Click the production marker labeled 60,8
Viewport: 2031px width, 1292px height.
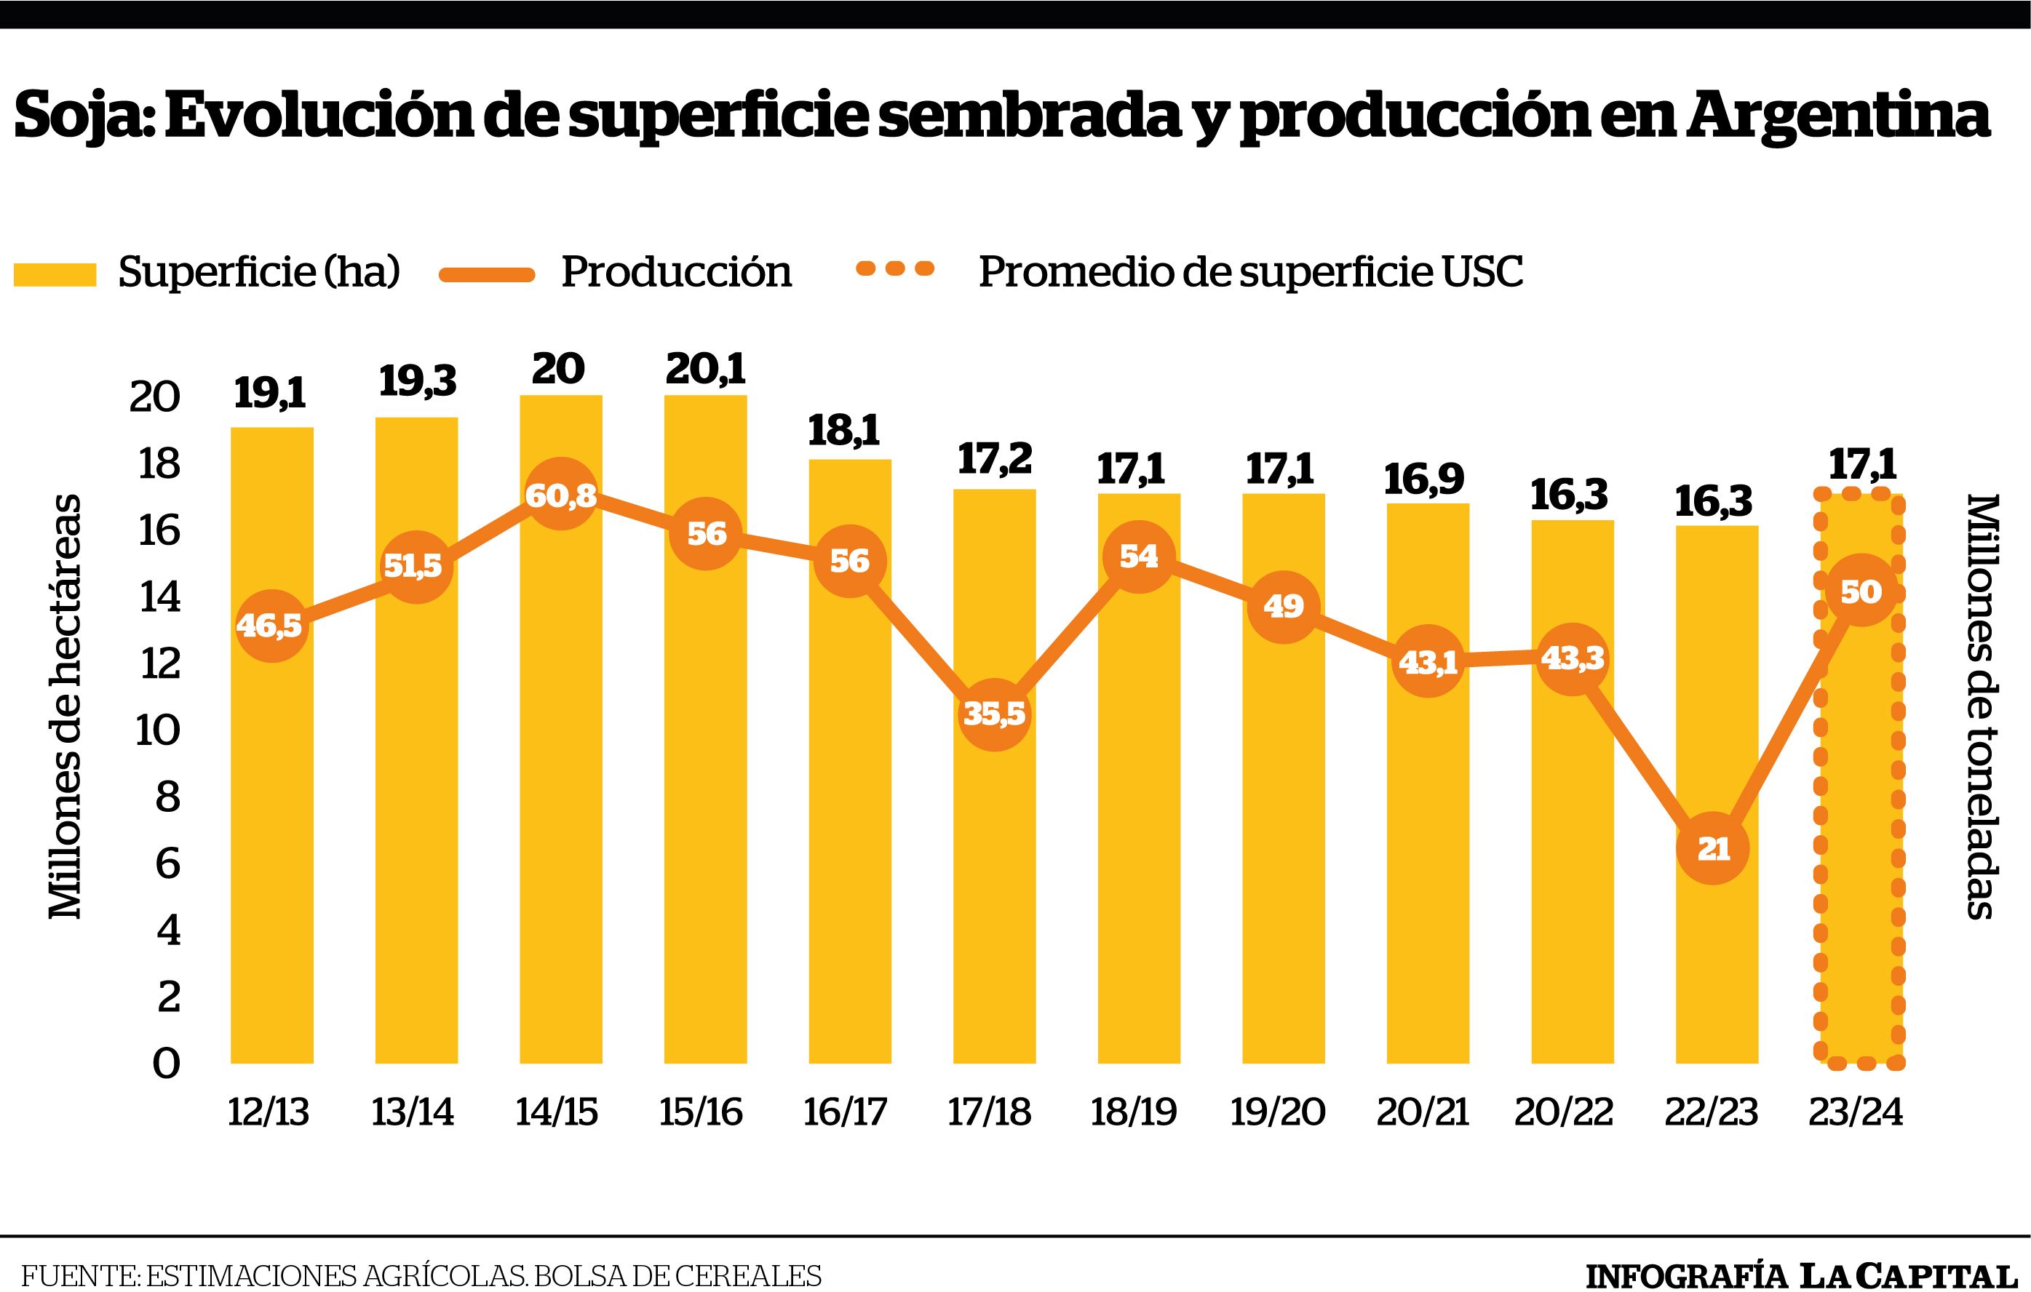click(x=560, y=495)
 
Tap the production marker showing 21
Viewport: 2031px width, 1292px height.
click(x=1713, y=848)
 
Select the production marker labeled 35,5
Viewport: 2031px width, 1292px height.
click(x=995, y=714)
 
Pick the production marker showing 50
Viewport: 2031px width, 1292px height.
click(x=1861, y=591)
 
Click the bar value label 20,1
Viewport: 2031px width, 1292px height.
click(x=705, y=370)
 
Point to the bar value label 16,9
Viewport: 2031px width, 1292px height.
click(x=1426, y=479)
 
